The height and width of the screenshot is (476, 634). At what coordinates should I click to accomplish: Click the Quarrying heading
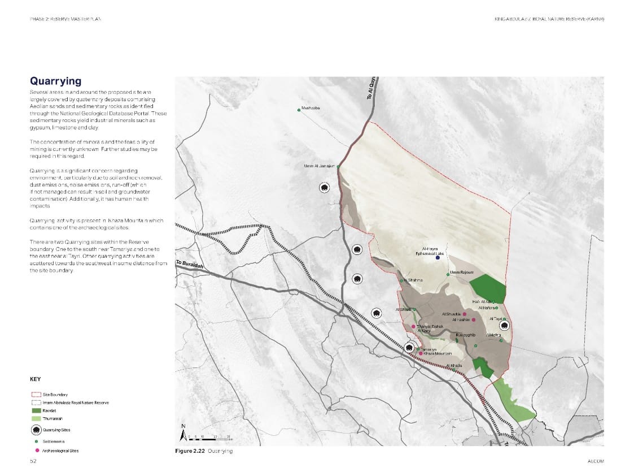coord(55,81)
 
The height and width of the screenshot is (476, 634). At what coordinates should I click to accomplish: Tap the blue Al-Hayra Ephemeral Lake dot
coord(437,258)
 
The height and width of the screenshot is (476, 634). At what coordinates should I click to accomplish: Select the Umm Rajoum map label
coord(462,272)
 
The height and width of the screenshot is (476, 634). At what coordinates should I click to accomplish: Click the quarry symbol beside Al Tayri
coord(505,326)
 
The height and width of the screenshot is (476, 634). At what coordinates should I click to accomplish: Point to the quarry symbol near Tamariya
coord(409,348)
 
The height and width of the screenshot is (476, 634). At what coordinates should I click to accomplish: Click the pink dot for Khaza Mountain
coord(421,353)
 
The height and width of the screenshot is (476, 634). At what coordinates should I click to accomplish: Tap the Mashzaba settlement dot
coord(299,110)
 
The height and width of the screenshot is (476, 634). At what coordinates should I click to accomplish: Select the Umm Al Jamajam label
coord(320,166)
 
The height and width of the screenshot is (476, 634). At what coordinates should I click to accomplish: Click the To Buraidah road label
coord(189,263)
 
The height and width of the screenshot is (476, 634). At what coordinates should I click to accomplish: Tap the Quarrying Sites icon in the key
coord(37,430)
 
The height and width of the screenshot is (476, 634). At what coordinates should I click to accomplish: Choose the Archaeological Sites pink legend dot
coord(37,451)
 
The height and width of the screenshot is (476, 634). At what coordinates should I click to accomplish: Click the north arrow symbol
coord(183,434)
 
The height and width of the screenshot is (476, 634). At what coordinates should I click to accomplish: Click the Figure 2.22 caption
coord(204,451)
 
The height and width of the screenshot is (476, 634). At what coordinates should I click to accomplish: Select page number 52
coord(33,461)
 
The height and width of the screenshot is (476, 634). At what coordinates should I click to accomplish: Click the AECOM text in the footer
coord(596,461)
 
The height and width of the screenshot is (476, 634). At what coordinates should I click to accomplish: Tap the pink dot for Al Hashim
coord(474,320)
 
